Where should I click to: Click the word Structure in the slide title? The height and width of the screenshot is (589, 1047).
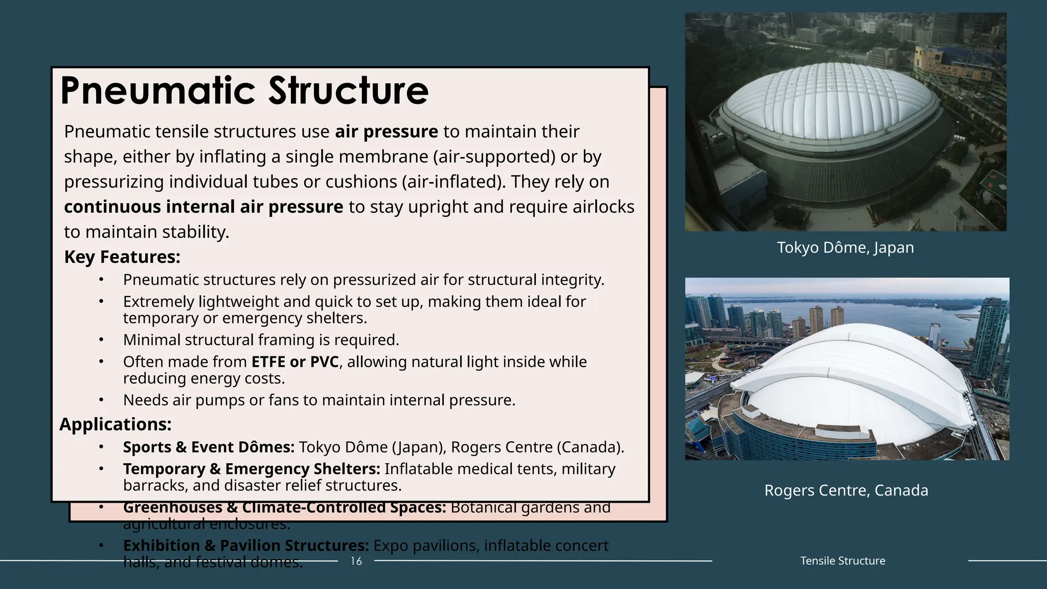pos(349,91)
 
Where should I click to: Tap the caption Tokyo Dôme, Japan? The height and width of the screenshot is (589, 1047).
pos(845,247)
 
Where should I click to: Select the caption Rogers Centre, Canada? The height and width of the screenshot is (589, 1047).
pos(846,490)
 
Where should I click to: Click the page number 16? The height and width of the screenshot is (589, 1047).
pos(356,561)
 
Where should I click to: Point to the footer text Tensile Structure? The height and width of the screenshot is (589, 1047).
pos(843,561)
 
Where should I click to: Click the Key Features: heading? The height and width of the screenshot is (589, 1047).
pos(122,257)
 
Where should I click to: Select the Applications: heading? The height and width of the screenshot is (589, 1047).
pos(116,424)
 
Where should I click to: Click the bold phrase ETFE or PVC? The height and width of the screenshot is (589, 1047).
pos(295,362)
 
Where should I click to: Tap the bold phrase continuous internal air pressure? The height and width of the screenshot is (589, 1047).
pos(203,207)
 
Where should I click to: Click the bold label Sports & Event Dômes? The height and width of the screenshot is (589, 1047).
pos(209,447)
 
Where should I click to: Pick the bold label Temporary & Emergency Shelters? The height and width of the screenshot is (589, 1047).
pos(252,469)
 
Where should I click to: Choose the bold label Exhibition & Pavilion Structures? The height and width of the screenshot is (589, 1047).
pos(246,546)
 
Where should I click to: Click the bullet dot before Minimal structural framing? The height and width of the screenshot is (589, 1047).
pos(101,340)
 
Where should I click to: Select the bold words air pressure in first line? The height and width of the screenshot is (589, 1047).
pos(386,132)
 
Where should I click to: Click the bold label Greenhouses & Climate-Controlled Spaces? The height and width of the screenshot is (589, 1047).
pos(284,508)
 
